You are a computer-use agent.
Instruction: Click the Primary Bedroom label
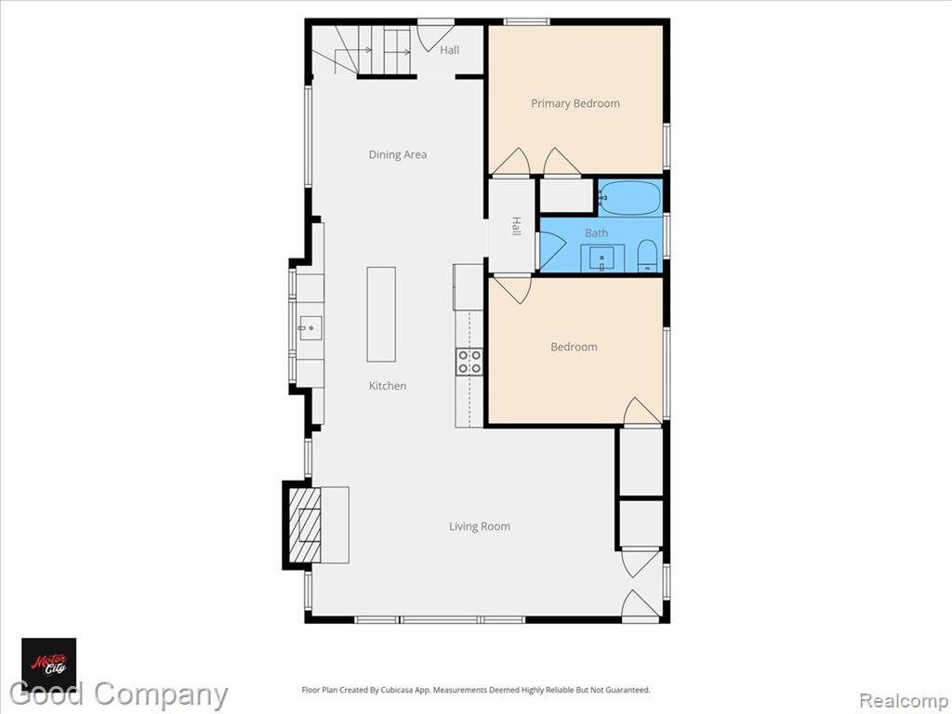[575, 104]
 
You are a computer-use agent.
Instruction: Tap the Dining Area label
[398, 155]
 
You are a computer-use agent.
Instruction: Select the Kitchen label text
[388, 386]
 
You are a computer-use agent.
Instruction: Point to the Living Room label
[480, 526]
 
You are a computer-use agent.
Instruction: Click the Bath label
[596, 233]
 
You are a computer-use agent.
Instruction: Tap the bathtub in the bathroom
[629, 198]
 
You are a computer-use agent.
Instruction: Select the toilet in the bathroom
[647, 257]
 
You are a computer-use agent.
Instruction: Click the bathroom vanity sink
[602, 258]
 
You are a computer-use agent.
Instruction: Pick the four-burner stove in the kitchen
[469, 362]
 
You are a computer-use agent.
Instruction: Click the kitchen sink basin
[311, 328]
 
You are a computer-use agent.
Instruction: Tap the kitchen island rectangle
[381, 314]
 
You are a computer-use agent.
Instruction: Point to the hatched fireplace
[304, 525]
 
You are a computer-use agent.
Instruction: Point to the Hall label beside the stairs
[449, 50]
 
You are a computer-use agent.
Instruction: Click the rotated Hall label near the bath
[516, 226]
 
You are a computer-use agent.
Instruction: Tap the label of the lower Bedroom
[574, 348]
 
